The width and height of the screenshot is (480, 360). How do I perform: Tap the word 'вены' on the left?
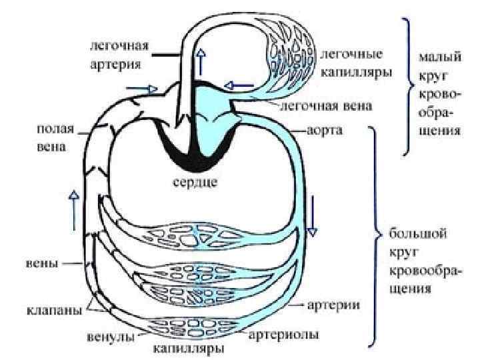coord(41,263)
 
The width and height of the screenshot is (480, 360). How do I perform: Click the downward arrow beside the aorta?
coord(311,231)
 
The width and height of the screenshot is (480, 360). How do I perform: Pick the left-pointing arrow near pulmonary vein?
coord(238,85)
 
